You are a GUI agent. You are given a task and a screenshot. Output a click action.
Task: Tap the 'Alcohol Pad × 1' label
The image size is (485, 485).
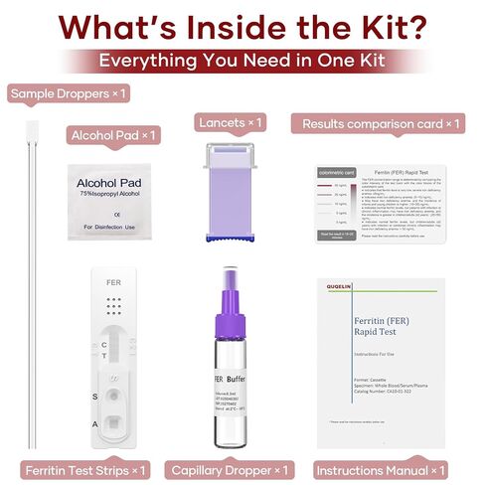point(113,134)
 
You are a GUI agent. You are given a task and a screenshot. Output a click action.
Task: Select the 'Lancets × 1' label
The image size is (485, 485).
point(229,122)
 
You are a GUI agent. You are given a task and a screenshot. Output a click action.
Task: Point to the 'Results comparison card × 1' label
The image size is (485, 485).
point(378,123)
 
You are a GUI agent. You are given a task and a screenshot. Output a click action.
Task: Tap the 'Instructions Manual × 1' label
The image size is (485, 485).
point(381,468)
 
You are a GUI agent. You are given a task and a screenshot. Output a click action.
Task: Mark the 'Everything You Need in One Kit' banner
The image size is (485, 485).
point(242,60)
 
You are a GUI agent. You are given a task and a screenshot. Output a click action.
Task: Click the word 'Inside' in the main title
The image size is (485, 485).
point(260,22)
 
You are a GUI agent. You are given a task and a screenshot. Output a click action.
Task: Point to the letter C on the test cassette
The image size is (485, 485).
point(105,343)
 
